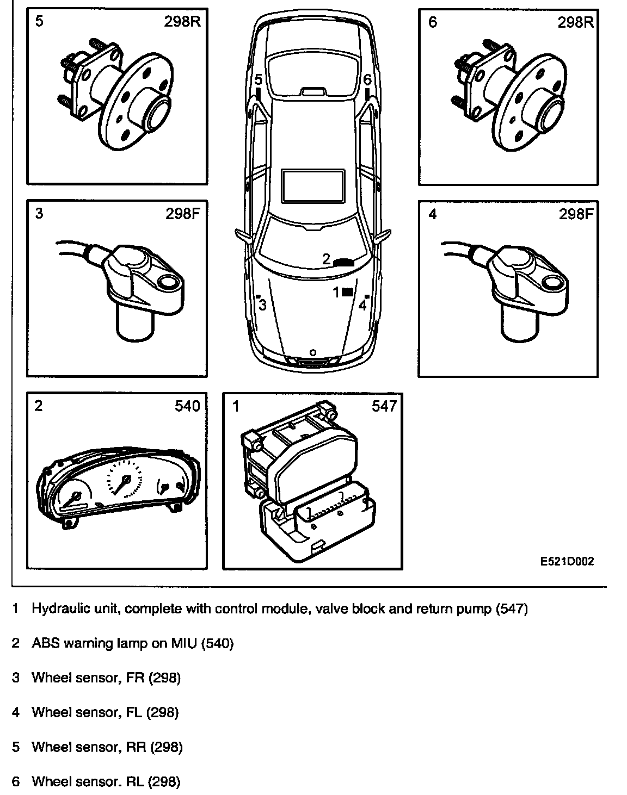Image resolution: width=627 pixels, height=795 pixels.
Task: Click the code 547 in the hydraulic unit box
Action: tap(384, 405)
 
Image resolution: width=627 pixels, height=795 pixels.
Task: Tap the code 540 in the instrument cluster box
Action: tap(187, 405)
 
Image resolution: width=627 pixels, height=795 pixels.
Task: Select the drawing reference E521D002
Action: tap(567, 562)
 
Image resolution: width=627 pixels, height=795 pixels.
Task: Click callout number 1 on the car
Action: tap(336, 293)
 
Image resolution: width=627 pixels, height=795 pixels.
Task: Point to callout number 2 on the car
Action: tap(326, 259)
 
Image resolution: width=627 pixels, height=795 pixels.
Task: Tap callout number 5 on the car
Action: tap(258, 79)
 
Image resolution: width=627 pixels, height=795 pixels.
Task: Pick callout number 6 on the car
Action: tap(367, 79)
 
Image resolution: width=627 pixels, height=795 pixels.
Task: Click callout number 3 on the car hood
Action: tap(263, 305)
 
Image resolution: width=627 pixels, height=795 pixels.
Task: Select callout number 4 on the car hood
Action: tap(362, 305)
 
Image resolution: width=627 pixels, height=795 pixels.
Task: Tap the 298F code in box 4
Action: tap(575, 214)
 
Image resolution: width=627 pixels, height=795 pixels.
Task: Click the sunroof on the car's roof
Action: tap(313, 184)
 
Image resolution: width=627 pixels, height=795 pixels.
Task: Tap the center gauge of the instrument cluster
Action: tap(125, 479)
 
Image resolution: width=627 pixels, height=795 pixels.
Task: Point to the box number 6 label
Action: tap(432, 22)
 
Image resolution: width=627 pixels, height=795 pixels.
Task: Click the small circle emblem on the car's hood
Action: tap(312, 352)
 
